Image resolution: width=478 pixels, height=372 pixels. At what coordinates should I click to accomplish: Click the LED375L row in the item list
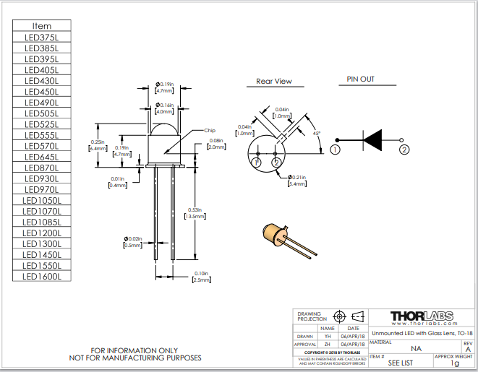click(42, 38)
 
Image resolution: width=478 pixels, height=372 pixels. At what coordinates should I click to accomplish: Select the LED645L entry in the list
click(42, 157)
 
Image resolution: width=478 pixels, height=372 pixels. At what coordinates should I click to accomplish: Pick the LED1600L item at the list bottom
click(42, 276)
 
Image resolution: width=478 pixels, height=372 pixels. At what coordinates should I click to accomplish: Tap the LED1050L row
click(42, 200)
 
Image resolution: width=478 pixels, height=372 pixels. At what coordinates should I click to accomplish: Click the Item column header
click(42, 26)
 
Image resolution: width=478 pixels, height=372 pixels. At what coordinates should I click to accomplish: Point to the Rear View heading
click(274, 82)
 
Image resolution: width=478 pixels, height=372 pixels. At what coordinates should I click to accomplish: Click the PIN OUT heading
click(360, 79)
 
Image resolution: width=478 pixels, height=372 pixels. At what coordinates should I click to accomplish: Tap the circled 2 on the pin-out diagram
click(404, 150)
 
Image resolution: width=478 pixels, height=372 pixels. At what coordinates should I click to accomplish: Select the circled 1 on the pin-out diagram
click(335, 150)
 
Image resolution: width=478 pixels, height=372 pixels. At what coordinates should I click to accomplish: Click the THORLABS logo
click(422, 316)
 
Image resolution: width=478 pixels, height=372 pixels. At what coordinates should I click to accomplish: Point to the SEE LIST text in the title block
click(400, 363)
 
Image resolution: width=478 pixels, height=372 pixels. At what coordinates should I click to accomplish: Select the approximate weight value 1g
click(455, 363)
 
